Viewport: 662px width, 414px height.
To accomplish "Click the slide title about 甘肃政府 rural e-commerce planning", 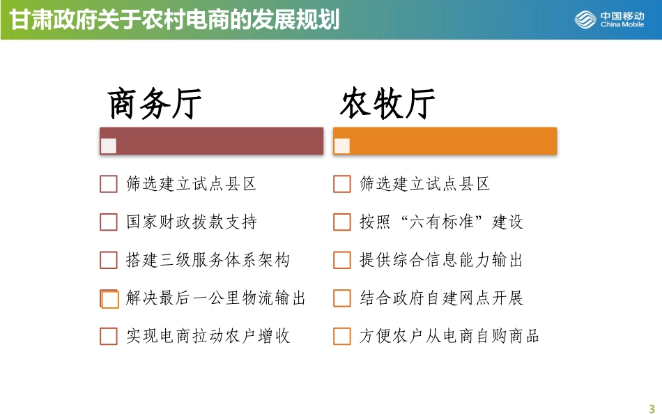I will (x=174, y=20).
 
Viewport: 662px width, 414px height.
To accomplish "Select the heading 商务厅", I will (x=155, y=105).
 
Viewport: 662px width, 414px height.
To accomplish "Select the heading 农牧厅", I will (x=387, y=105).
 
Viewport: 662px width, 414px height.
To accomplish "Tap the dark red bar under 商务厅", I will (x=212, y=141).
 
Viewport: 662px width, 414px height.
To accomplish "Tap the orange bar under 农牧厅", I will (x=445, y=141).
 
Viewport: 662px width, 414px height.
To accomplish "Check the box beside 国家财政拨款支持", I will (x=109, y=222).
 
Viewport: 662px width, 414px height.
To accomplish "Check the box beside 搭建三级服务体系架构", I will (x=109, y=261).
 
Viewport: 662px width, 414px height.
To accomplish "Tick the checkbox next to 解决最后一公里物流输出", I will (x=109, y=299).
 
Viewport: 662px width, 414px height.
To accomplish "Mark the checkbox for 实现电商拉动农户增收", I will (x=109, y=337).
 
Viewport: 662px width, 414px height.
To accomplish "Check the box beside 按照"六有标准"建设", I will (x=342, y=222).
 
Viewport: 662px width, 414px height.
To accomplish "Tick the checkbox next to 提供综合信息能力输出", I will (x=342, y=261).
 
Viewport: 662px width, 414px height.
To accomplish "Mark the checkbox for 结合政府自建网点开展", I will (x=342, y=299).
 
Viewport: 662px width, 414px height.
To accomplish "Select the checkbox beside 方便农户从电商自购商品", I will (x=342, y=337).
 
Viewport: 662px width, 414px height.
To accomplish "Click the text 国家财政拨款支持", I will (x=192, y=222).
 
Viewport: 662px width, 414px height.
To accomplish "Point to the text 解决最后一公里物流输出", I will (x=216, y=299).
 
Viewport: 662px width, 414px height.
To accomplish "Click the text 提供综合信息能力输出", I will (x=441, y=261).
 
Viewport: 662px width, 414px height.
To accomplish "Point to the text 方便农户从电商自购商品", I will (x=449, y=337).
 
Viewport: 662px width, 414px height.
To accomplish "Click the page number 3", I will (x=652, y=408).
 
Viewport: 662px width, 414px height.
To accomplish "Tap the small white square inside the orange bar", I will (x=342, y=146).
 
